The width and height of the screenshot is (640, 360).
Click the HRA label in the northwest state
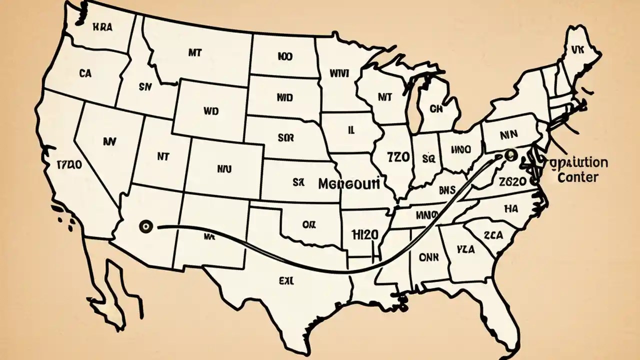coord(102,28)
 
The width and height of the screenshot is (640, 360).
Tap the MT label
coord(195,51)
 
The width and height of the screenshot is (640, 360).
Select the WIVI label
coord(339,73)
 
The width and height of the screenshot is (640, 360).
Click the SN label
coord(144,86)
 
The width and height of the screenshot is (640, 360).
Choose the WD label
coord(211,111)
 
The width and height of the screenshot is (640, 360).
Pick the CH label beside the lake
coord(436,108)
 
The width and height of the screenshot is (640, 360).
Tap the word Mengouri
coord(349,184)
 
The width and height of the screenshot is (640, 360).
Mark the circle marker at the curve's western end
coord(146,227)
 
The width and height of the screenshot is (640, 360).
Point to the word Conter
coord(577,177)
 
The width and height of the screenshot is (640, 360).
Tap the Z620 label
coord(512,181)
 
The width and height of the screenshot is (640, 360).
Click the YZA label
coord(465,249)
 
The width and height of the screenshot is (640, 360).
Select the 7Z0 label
coord(398,157)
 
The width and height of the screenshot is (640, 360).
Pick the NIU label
coord(224,169)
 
